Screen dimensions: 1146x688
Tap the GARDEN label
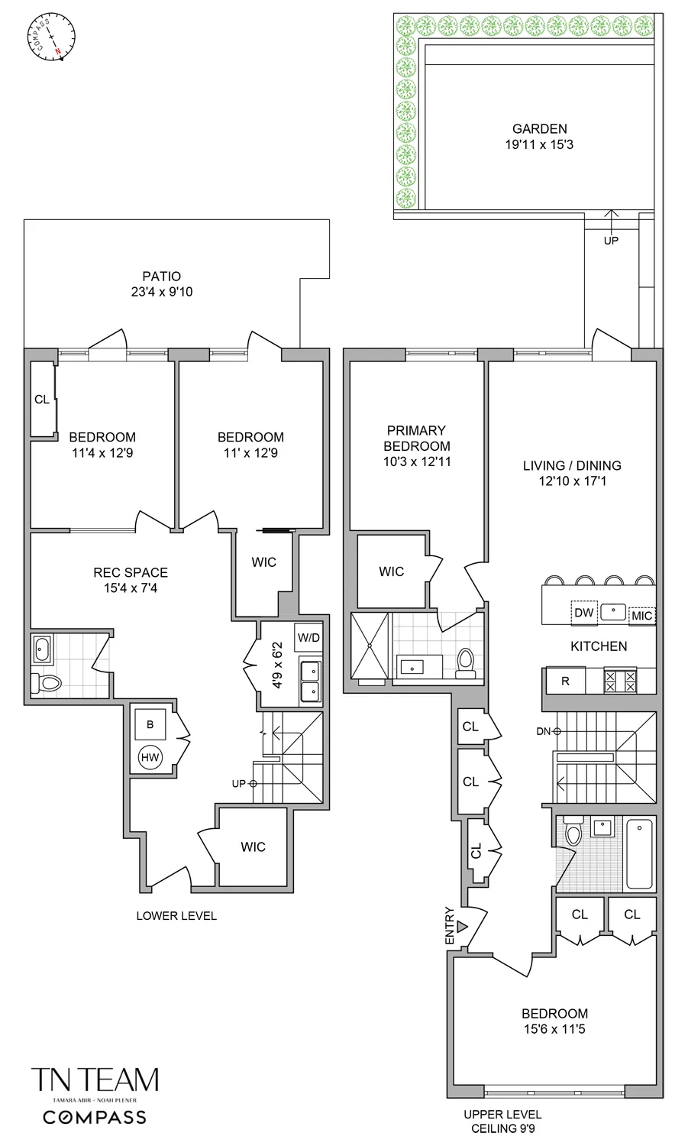(539, 129)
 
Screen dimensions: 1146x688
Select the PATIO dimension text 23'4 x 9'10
(162, 292)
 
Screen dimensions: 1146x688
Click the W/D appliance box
(308, 638)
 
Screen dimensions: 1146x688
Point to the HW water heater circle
(150, 758)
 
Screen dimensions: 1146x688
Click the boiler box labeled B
(150, 724)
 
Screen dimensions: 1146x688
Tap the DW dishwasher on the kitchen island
(583, 613)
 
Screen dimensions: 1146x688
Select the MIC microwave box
(641, 616)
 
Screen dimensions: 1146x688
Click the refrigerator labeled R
(565, 681)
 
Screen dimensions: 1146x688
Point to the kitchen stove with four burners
(619, 681)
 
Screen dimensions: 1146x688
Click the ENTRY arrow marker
(461, 927)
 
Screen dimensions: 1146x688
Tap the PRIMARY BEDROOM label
(416, 439)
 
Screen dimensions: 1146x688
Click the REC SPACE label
(131, 572)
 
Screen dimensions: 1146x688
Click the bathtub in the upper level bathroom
(639, 854)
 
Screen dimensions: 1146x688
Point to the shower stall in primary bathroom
(370, 646)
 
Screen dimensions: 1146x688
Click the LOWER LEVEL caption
(176, 915)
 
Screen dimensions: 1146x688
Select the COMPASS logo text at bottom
(95, 1118)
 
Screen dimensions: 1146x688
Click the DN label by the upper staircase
(543, 731)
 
